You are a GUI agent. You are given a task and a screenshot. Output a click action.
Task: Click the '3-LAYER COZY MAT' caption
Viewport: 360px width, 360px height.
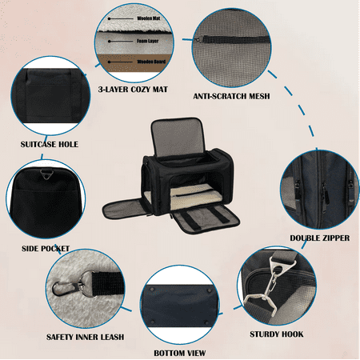tap(133, 90)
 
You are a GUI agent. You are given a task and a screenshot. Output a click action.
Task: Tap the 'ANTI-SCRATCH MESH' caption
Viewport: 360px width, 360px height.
tap(231, 96)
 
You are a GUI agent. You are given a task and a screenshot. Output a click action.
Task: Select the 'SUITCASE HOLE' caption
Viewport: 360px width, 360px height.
tap(50, 144)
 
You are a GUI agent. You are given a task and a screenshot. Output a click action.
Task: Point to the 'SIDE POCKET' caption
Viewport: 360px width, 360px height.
tap(46, 249)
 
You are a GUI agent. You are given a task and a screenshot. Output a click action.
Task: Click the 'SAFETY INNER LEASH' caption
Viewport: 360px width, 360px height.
tap(85, 337)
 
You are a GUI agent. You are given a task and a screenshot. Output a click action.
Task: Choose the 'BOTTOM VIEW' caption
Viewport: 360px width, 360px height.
tap(180, 354)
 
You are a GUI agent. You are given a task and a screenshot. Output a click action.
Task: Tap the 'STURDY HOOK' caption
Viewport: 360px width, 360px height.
tap(277, 334)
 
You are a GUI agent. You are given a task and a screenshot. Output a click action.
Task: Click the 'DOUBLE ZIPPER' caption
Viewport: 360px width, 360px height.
tap(320, 238)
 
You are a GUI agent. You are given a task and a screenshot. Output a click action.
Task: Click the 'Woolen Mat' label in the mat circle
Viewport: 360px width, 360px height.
tap(149, 18)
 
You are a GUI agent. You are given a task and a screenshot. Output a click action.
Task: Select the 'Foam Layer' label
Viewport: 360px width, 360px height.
tap(147, 41)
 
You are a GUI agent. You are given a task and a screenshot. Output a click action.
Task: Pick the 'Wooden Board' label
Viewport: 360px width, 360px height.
tap(151, 62)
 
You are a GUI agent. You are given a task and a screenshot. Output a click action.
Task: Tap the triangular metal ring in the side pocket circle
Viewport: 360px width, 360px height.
tap(46, 174)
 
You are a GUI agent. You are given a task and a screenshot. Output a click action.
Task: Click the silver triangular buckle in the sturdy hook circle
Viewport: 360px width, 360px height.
tap(282, 263)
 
